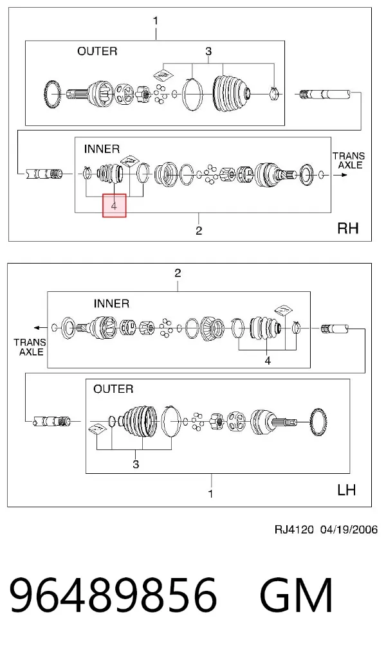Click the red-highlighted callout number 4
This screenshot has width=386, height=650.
pos(114,205)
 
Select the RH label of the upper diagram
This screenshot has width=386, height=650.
pos(348,228)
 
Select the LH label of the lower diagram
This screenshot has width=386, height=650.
pos(347,490)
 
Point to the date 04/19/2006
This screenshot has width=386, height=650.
pos(349,529)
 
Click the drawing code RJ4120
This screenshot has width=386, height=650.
pos(294,529)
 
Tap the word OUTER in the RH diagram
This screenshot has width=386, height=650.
pos(97,51)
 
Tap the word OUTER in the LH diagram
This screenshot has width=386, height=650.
pos(113,389)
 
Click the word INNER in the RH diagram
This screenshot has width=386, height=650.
pos(102,149)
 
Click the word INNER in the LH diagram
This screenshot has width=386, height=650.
pos(111,303)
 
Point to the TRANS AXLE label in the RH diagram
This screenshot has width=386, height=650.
pos(349,161)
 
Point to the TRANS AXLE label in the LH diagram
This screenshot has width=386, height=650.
pos(30,347)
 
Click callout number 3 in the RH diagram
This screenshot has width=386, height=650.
pos(208,51)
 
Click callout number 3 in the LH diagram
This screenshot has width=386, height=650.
pos(136,464)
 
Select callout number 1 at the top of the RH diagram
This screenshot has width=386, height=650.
pos(156,21)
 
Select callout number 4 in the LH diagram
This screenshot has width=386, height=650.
pos(268,361)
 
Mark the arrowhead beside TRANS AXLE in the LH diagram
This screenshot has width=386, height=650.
pos(36,328)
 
